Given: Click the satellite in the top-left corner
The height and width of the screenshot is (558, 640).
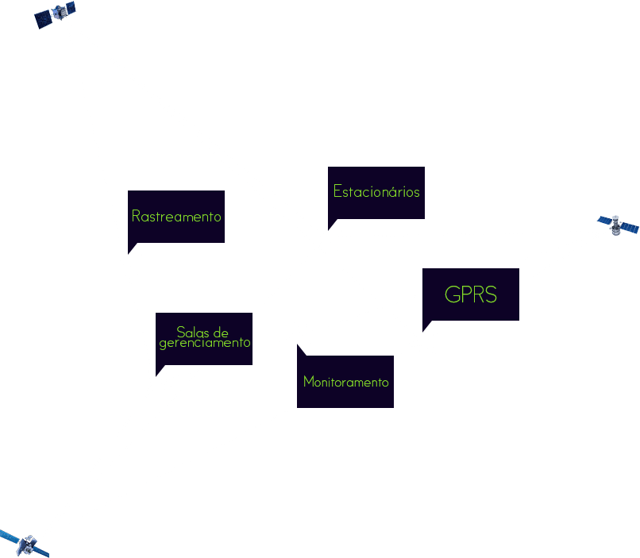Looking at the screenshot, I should point(56,15).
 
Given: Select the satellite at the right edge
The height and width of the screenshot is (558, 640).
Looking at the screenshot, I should point(618,225).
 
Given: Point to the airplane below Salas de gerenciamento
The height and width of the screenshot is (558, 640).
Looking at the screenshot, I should point(159,382).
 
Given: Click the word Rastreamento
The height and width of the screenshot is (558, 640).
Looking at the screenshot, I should point(176,216).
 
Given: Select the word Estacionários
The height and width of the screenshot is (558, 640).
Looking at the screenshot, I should point(376,192).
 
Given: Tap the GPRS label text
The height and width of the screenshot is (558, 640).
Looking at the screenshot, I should point(471,295).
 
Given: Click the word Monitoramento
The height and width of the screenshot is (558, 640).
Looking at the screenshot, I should point(346,382).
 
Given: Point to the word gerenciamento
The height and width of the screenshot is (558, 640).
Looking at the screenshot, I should point(204,343).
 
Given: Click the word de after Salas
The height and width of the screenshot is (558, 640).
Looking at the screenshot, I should point(221,332).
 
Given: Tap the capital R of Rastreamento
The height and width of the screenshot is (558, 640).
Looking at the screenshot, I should point(136,216).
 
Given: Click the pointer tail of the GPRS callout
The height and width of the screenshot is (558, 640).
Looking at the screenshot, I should point(427,325).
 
